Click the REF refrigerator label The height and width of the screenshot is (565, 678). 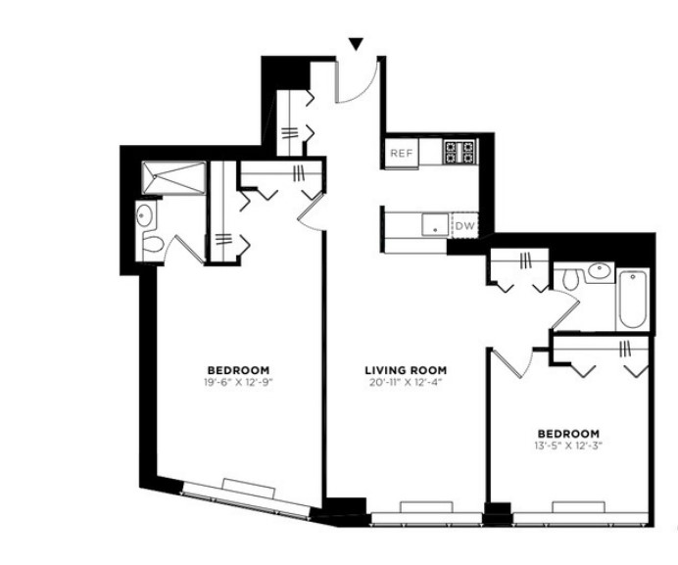402,153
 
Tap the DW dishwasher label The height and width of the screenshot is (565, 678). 465,225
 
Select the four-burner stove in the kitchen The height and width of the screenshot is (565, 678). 460,152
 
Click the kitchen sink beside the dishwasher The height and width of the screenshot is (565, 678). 436,225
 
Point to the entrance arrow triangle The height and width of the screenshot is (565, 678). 356,44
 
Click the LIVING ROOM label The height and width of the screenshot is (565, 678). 406,370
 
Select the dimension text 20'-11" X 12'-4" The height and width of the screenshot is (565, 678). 406,382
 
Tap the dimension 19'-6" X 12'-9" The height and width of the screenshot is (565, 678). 239,382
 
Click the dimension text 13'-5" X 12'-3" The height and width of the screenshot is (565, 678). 568,446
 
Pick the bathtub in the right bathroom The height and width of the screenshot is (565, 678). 632,299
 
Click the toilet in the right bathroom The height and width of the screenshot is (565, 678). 569,279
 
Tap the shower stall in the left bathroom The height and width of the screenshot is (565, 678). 173,177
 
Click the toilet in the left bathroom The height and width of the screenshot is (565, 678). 150,245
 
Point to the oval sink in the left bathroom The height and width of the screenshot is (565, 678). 144,215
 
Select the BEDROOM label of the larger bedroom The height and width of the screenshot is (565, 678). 239,370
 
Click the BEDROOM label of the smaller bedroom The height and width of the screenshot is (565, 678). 568,434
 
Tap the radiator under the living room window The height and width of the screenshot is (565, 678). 427,507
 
